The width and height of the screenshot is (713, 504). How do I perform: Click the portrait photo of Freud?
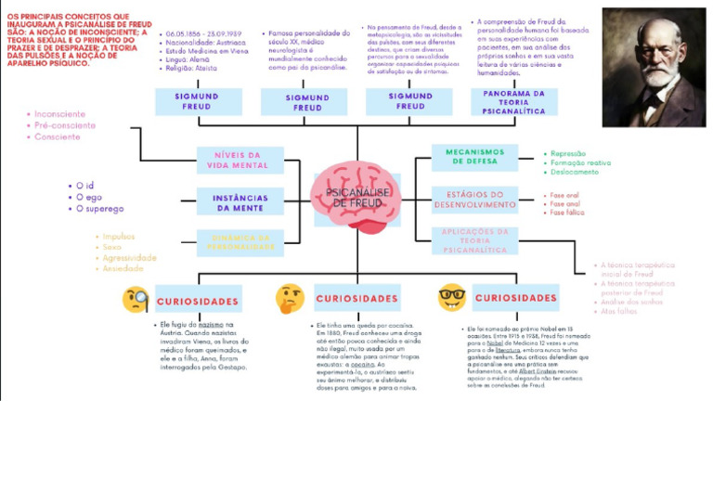point(653,67)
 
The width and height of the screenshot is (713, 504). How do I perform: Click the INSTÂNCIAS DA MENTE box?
point(240,202)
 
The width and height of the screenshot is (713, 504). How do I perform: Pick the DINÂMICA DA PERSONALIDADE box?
point(240,242)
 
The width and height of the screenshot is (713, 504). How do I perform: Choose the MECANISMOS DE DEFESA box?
point(474,156)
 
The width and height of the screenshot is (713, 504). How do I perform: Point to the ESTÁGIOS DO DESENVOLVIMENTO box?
point(474,199)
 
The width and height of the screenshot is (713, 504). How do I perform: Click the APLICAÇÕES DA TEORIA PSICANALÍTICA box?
point(474,240)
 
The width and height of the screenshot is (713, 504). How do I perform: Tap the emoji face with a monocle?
point(136,300)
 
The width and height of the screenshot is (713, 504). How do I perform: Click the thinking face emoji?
point(290,298)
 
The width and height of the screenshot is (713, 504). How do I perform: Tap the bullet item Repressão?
point(568,154)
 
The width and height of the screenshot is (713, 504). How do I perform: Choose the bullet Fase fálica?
point(566,213)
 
